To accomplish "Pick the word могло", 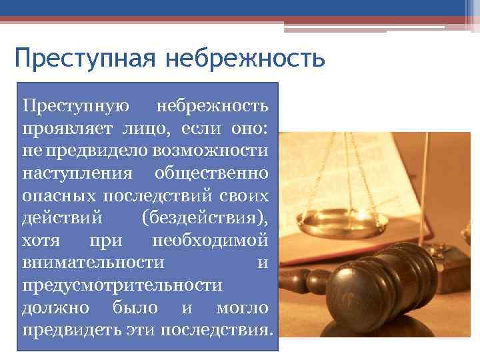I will (243, 309).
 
